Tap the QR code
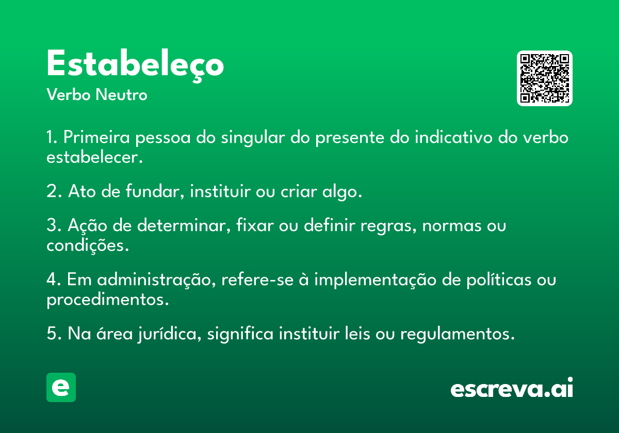click(544, 78)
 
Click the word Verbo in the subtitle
click(69, 95)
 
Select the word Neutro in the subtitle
click(121, 95)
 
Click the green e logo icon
click(61, 387)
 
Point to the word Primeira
click(96, 137)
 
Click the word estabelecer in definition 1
click(94, 157)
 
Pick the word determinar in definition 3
click(184, 225)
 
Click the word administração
click(156, 280)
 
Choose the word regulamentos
click(458, 334)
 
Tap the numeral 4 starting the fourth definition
click(52, 279)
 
